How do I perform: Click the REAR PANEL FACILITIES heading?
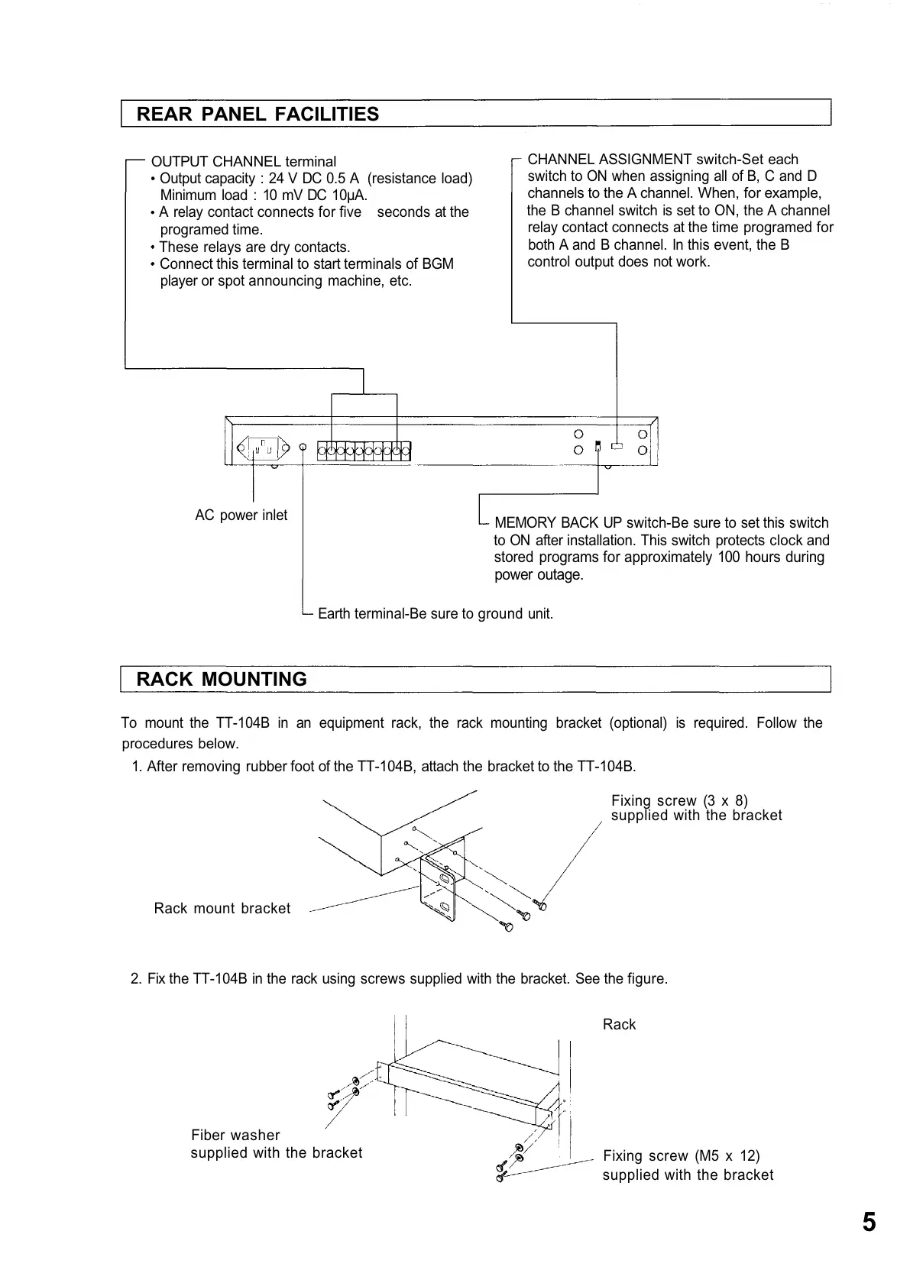pos(257,114)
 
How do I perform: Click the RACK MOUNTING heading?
pos(221,679)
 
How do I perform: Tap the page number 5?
pos(869,1222)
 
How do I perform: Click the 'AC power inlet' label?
pos(241,515)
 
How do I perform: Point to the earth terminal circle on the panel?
pos(303,448)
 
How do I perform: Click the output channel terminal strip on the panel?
pos(364,451)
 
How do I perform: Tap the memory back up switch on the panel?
pos(598,445)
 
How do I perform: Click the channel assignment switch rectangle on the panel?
pos(617,445)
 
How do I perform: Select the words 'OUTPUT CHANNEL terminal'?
pos(244,161)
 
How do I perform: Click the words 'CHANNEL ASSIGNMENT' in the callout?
pos(609,159)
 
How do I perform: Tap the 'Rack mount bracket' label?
pos(222,908)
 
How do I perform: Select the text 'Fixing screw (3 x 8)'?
pos(679,800)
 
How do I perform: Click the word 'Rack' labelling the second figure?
pos(619,1024)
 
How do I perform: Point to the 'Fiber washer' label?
pos(235,1135)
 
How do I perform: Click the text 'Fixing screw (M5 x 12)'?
pos(681,1155)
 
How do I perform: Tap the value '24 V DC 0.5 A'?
pos(313,179)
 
